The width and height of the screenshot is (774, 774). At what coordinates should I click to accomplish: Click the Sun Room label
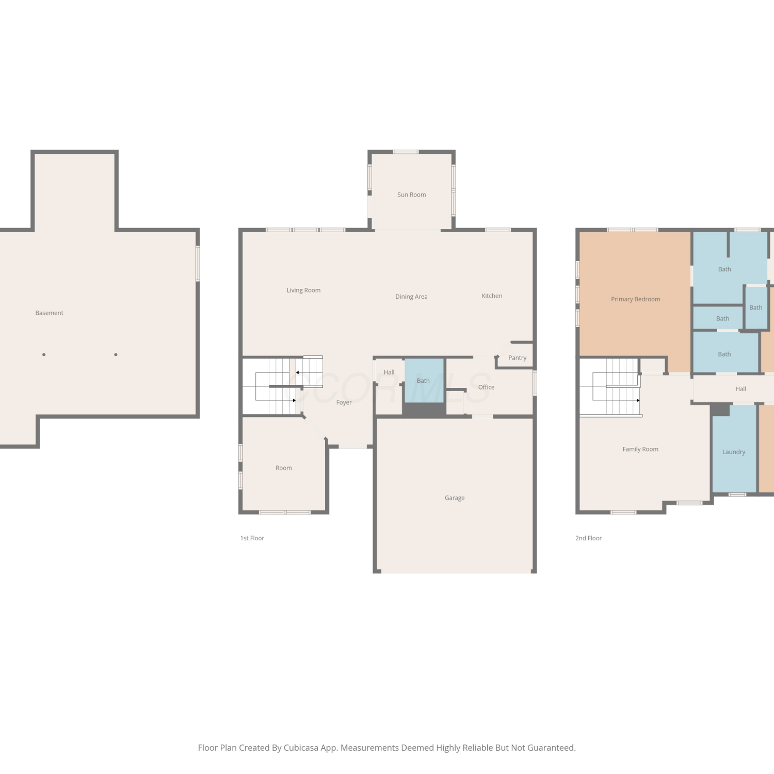click(411, 195)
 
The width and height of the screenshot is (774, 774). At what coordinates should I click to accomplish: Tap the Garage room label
click(455, 498)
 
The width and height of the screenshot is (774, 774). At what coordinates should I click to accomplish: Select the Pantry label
click(517, 358)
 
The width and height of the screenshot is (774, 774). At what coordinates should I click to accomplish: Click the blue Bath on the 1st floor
click(424, 381)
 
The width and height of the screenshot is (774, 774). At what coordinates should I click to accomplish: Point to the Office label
click(486, 387)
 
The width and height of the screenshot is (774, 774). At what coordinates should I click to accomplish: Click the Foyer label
click(344, 402)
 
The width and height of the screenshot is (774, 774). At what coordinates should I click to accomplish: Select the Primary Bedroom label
click(635, 299)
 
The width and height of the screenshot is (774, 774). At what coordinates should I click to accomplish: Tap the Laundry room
click(734, 448)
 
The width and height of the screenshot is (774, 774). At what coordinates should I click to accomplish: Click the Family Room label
click(640, 449)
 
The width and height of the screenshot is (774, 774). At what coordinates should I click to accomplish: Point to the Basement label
click(49, 313)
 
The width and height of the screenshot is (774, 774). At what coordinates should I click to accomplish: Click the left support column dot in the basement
click(44, 354)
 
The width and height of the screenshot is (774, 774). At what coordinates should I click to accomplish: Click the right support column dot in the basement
click(116, 354)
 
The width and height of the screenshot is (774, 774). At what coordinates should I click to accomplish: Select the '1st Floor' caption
click(252, 538)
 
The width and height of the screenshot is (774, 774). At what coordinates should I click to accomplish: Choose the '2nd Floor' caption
click(588, 538)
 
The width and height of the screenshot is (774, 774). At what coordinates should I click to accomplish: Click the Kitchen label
click(492, 296)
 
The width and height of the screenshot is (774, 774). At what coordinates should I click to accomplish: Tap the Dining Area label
click(411, 297)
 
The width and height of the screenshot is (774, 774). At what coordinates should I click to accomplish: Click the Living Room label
click(303, 291)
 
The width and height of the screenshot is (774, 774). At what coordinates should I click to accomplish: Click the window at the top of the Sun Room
click(406, 152)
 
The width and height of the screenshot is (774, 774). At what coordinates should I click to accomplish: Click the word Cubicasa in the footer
click(301, 748)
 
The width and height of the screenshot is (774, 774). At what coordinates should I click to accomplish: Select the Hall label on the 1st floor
click(389, 372)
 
